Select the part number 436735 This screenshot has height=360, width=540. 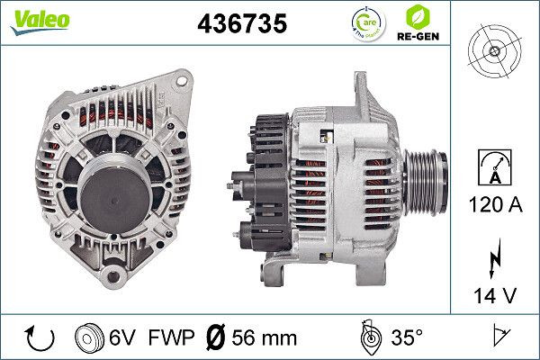click(241, 24)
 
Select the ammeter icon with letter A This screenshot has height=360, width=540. click(494, 169)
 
